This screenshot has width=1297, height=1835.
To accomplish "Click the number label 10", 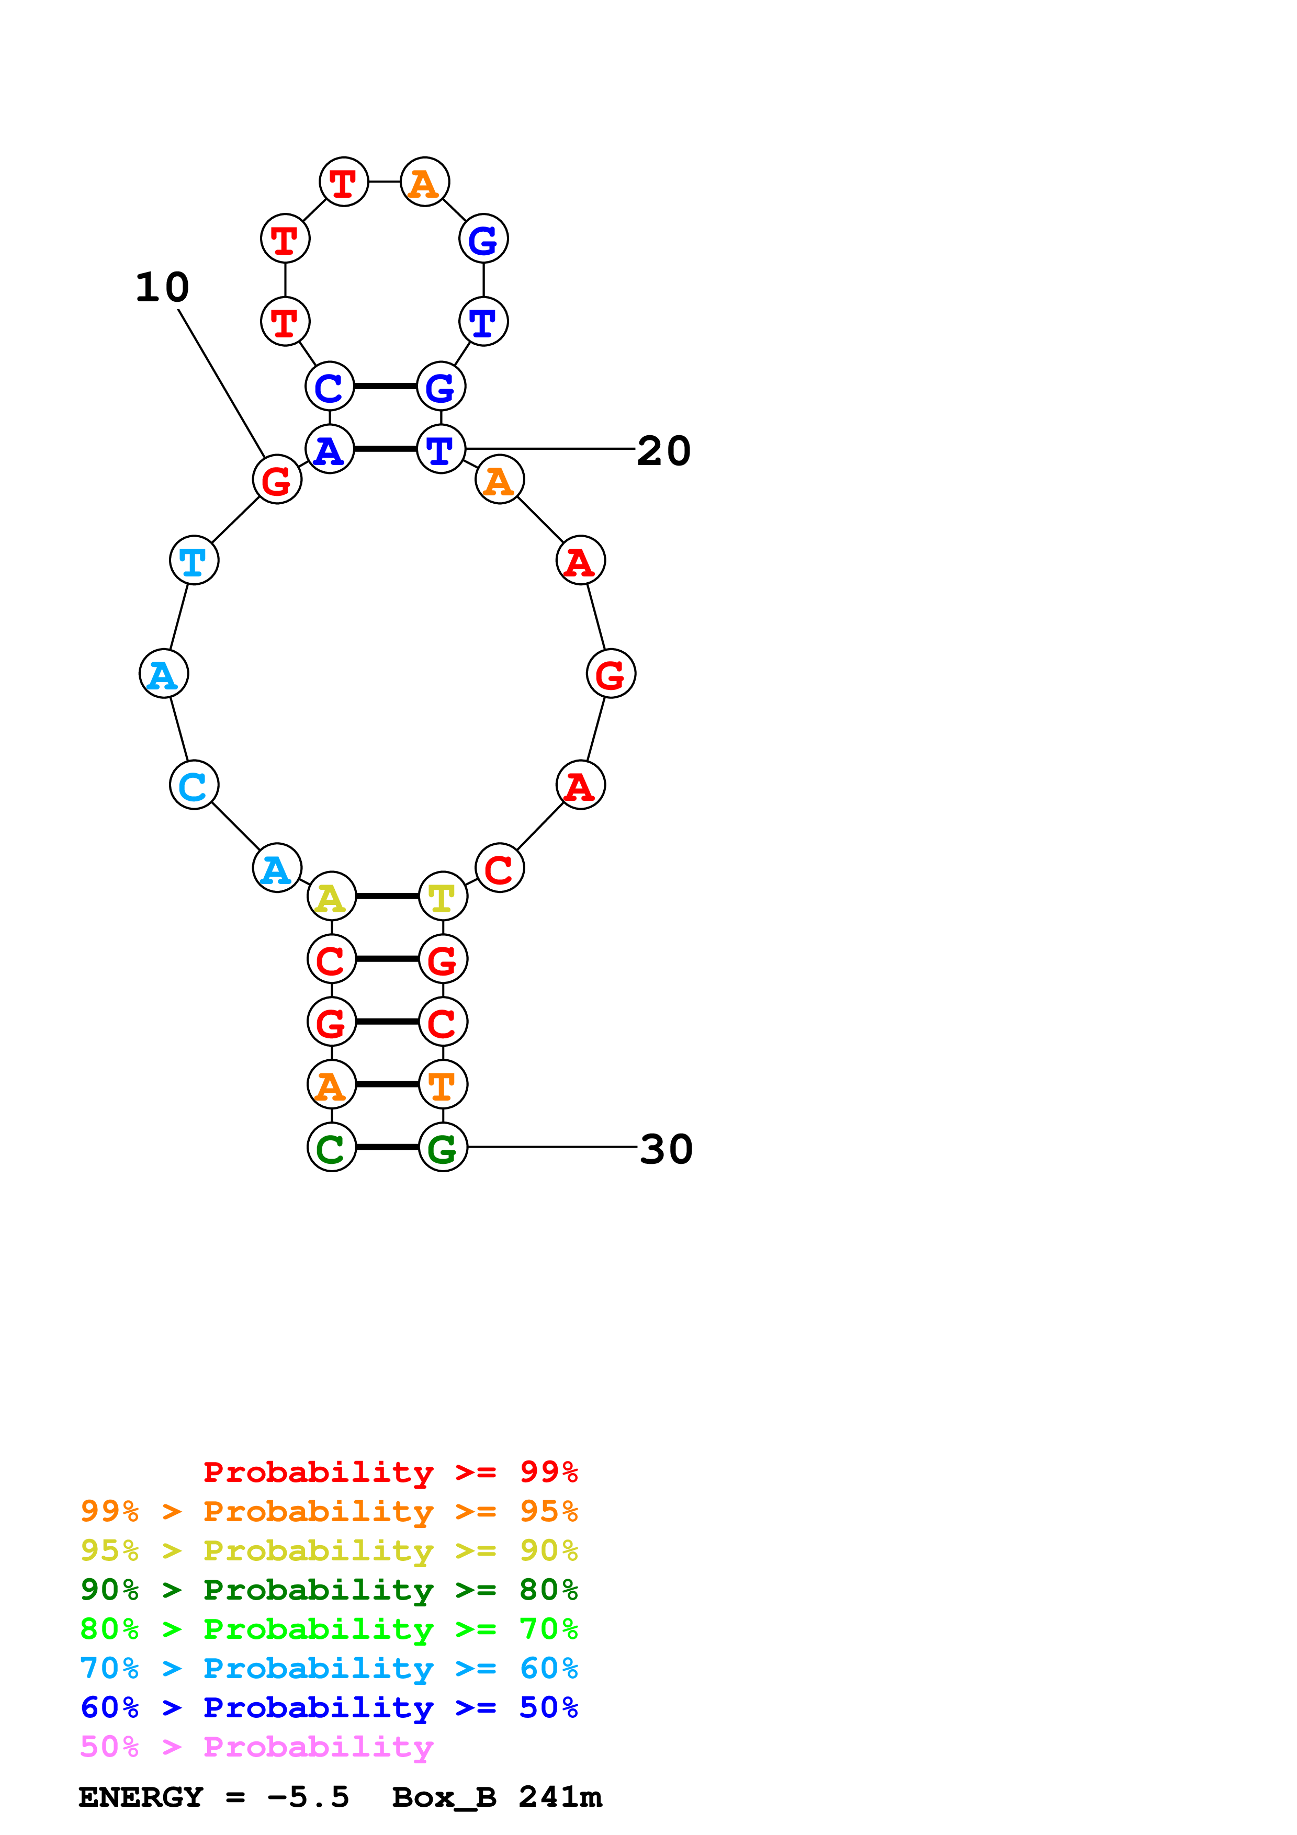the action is click(x=162, y=288).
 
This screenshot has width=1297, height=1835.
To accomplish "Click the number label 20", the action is click(x=663, y=451).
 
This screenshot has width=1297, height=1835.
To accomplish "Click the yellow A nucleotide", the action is click(x=332, y=896).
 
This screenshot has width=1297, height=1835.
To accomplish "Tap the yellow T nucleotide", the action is click(x=443, y=896).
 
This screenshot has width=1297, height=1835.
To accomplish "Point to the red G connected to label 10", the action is click(x=276, y=480).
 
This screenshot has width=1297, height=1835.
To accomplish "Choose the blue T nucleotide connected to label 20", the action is click(x=441, y=449).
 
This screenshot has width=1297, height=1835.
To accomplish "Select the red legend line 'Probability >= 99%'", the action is click(x=390, y=1472).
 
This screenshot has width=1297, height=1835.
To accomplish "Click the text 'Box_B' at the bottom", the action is click(x=444, y=1797).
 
